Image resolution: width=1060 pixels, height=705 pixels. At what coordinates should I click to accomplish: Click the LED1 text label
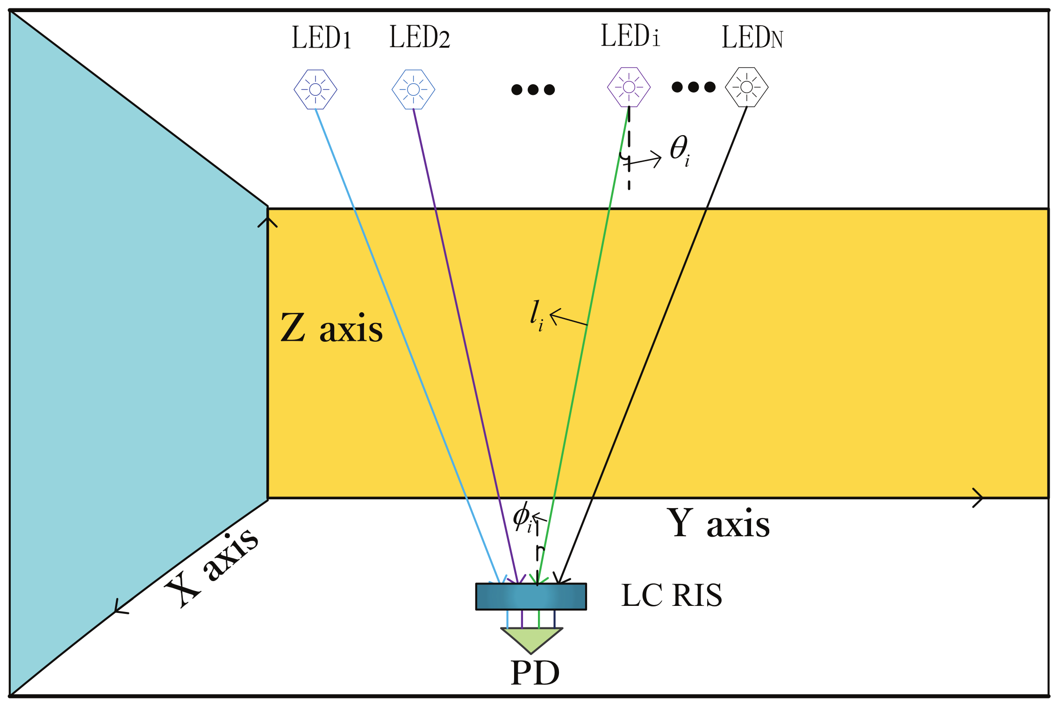pos(322,37)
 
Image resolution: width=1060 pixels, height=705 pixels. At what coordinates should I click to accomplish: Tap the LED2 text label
pos(420,37)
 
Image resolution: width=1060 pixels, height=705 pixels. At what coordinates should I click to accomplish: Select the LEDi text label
pos(630,36)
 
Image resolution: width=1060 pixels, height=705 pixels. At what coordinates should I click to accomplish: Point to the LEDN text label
pos(752,37)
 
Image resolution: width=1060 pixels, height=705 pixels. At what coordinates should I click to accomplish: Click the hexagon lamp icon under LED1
pos(315,89)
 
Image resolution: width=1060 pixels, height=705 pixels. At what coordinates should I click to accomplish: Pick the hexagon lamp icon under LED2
pos(414,89)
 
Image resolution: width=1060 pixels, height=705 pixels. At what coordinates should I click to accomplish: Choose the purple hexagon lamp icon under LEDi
pos(629,87)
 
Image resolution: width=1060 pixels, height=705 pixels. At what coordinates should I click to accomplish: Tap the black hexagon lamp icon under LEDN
pos(747,87)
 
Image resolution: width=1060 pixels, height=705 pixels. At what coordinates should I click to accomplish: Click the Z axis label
pos(331,328)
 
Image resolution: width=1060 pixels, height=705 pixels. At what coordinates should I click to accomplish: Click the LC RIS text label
pos(672,596)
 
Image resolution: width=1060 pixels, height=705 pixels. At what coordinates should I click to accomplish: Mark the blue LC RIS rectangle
pos(531,597)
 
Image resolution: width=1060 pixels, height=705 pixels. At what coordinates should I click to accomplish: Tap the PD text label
pos(535,673)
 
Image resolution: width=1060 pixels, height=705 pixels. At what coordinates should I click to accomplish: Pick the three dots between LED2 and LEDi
pos(533,89)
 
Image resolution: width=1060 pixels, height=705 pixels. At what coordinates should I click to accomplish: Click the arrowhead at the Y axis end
pos(978,498)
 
